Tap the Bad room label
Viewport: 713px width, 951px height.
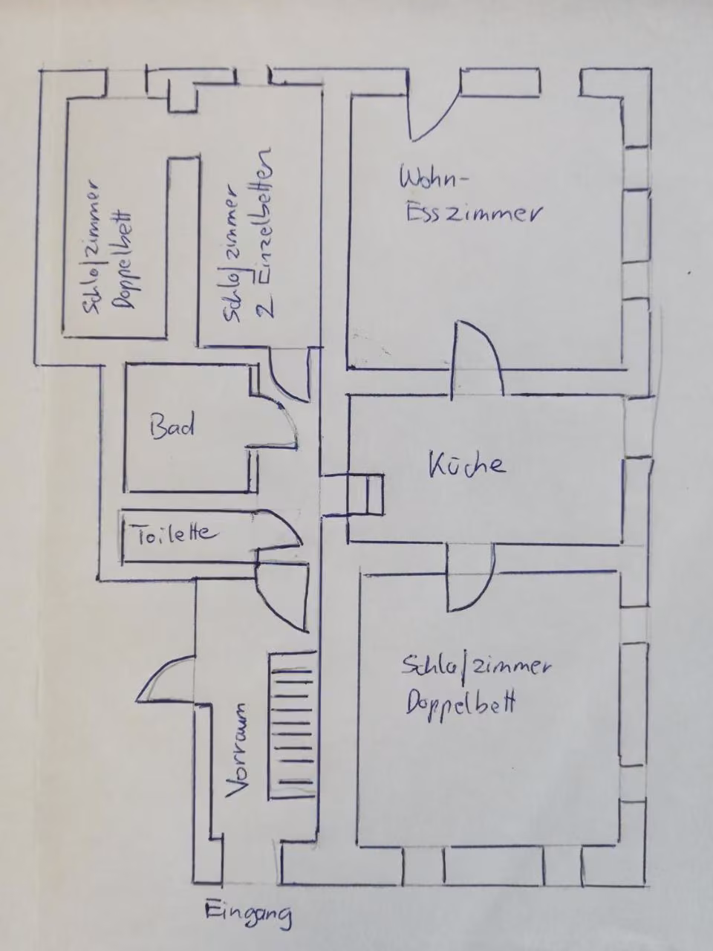[172, 425]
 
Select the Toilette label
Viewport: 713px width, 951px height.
[175, 533]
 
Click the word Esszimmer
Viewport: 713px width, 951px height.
[473, 213]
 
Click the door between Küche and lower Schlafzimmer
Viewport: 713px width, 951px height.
[470, 577]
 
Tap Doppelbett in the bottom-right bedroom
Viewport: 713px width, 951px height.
[460, 704]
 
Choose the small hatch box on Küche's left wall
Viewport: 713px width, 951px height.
[366, 495]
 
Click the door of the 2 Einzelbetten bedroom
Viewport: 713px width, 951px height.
[289, 374]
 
